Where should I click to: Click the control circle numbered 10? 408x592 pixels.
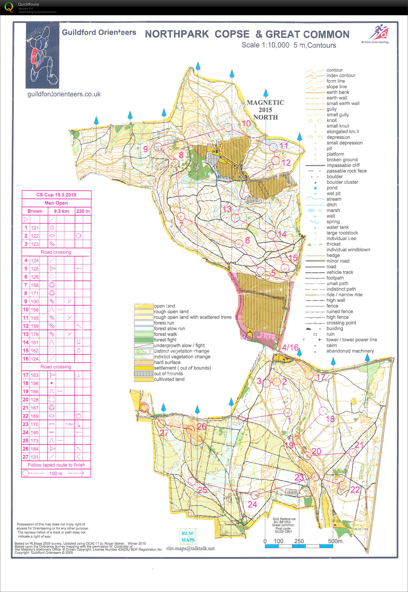[228, 127]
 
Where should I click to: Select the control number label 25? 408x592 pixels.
[202, 490]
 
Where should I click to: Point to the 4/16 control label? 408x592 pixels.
[290, 347]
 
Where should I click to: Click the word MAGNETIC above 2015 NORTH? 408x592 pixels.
[265, 103]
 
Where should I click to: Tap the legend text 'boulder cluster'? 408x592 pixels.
[342, 182]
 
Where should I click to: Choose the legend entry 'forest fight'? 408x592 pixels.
[165, 340]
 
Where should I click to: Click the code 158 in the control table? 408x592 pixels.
[35, 285]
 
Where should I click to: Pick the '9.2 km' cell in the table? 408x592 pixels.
[61, 211]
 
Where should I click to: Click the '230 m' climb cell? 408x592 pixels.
[83, 211]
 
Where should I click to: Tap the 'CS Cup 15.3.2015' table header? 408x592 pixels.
[56, 195]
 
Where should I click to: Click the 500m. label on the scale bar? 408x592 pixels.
[336, 541]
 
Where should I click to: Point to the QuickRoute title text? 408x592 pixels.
[28, 4]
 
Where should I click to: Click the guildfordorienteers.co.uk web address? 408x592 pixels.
[64, 94]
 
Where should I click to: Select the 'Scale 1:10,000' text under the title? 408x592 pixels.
[265, 45]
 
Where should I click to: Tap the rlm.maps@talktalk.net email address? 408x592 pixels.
[190, 548]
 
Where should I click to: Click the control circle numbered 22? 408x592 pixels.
[342, 485]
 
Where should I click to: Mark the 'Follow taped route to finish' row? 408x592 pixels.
[56, 465]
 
